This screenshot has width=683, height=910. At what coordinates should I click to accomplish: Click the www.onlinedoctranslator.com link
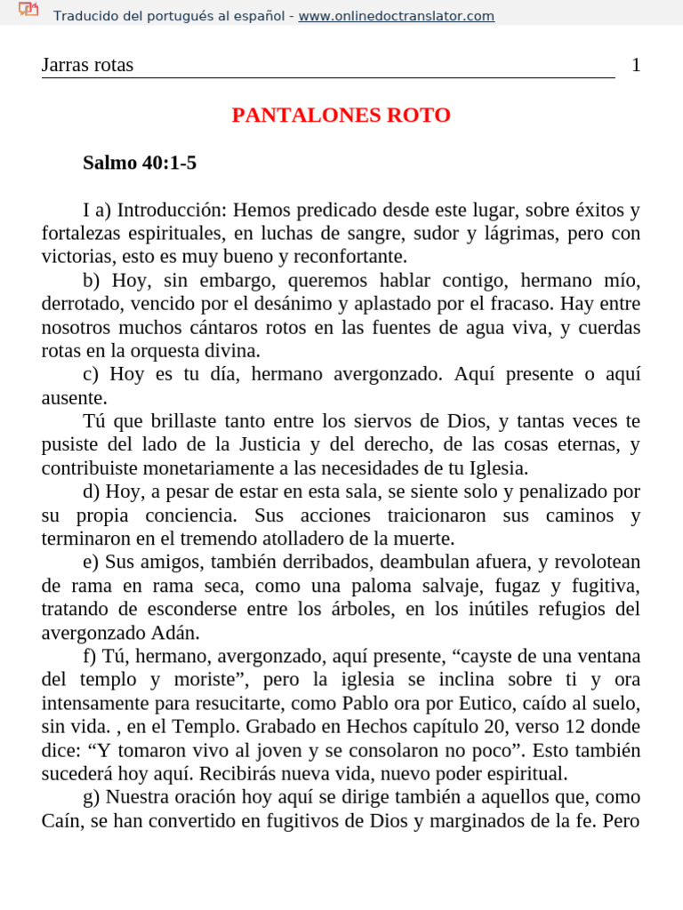[x=396, y=16]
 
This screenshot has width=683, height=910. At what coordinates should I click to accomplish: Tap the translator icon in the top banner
[x=28, y=10]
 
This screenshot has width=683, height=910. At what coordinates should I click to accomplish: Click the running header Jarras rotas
[x=87, y=65]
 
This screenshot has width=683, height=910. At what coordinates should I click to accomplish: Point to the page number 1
[x=636, y=65]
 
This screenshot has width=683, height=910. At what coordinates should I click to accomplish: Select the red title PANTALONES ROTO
[x=341, y=116]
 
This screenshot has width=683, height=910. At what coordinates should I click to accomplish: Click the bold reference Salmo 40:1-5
[x=140, y=163]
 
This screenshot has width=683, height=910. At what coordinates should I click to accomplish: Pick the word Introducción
[x=173, y=211]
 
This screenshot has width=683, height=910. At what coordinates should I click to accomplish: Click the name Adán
[x=181, y=633]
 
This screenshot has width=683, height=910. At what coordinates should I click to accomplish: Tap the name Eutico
[x=442, y=703]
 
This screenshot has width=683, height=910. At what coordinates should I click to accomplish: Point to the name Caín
[x=62, y=820]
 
